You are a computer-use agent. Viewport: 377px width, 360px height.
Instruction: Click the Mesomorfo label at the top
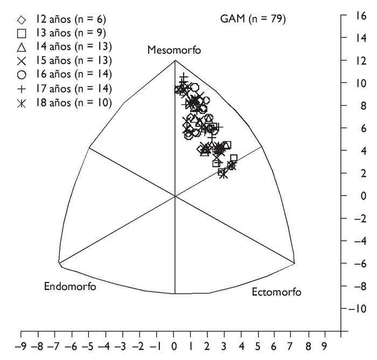[x=174, y=51]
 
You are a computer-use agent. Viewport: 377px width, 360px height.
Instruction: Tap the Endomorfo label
[x=70, y=286]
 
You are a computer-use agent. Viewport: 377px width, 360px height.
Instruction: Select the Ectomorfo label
[x=276, y=292]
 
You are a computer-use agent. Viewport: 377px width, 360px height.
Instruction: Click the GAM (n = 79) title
[x=253, y=19]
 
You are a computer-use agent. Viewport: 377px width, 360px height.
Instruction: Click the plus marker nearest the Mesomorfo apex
[x=184, y=79]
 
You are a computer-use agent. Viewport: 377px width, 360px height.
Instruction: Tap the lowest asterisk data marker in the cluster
[x=223, y=174]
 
